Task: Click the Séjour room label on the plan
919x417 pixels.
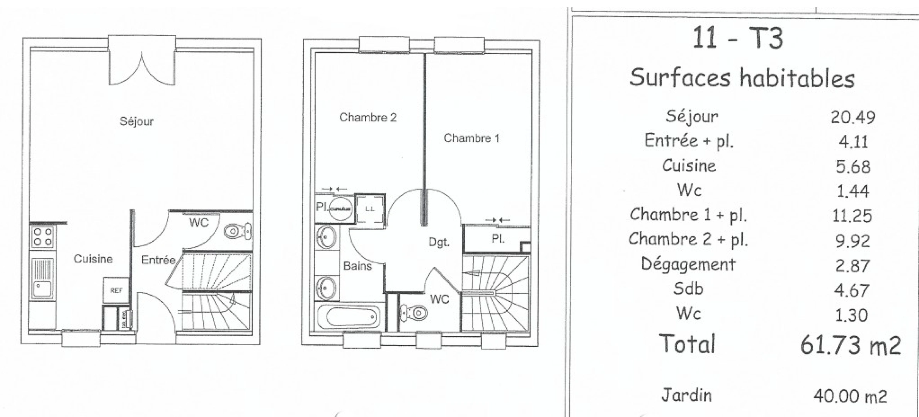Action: (136, 121)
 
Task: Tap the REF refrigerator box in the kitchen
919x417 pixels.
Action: (116, 290)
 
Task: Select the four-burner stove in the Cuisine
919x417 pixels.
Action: (43, 237)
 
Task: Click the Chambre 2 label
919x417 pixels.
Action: (368, 117)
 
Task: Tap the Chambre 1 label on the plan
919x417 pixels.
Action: (471, 138)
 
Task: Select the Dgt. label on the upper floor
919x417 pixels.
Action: (439, 242)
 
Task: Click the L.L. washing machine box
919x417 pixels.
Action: (370, 209)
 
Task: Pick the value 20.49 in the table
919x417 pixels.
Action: (853, 117)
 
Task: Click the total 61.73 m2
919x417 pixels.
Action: (850, 345)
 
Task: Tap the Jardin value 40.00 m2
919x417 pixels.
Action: (850, 396)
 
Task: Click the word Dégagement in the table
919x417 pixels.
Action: (688, 264)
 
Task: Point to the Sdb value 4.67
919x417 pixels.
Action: (852, 290)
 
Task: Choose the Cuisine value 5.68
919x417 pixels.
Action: (853, 167)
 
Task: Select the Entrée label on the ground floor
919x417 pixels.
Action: (158, 260)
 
